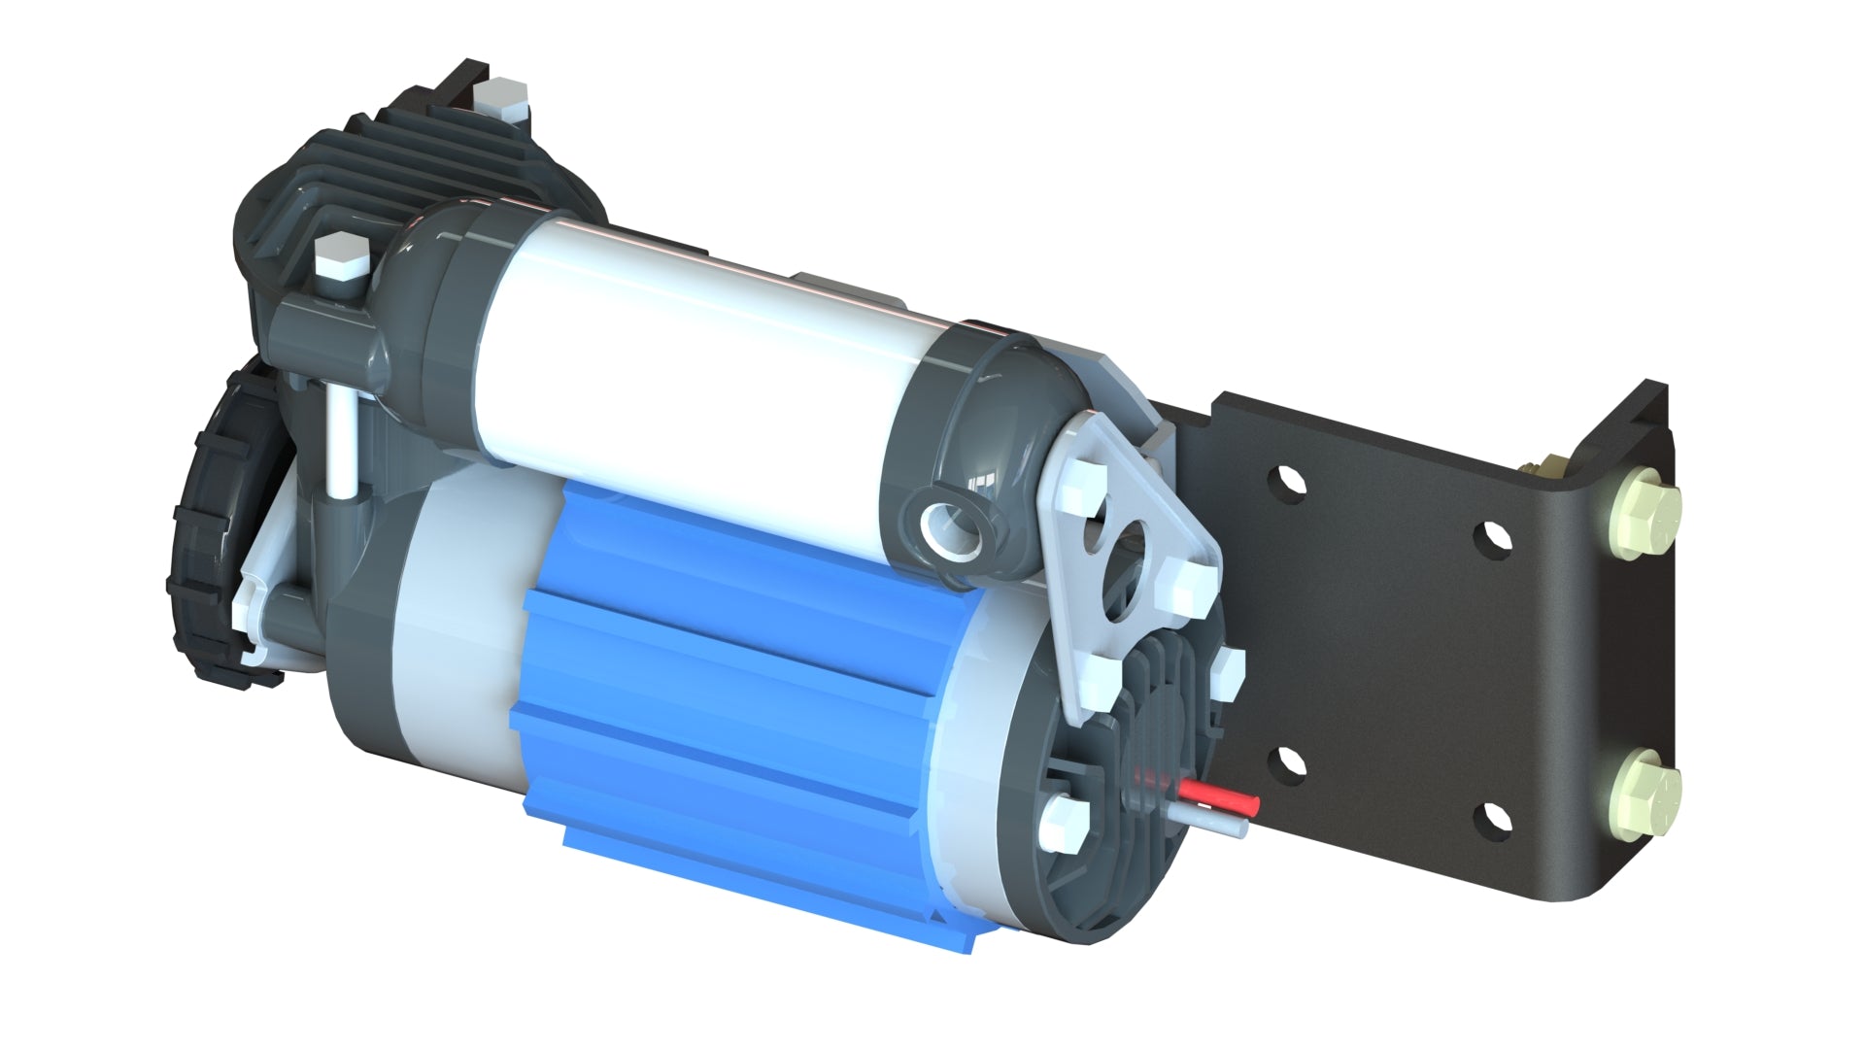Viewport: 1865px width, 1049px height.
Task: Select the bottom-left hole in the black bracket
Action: coord(1289,765)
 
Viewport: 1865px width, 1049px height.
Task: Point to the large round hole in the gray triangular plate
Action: coord(1133,545)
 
